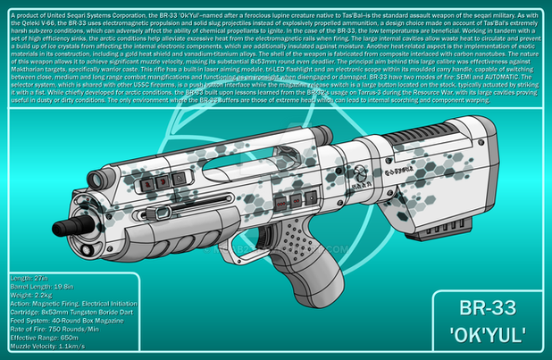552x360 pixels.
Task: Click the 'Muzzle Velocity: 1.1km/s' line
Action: coord(52,356)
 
